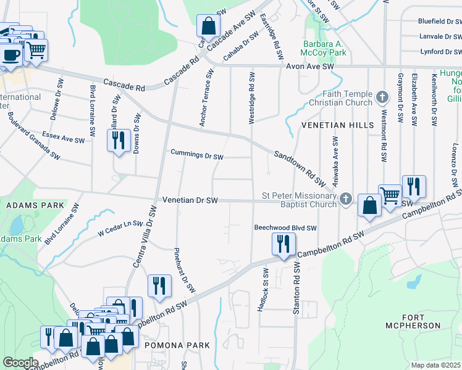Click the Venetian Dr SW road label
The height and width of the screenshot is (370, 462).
(x=191, y=200)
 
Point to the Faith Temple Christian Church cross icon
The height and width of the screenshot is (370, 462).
(x=382, y=97)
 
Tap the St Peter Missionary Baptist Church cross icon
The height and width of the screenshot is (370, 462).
(x=346, y=199)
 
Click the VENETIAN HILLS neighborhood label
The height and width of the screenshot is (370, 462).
(x=337, y=125)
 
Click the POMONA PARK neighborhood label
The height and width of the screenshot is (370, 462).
(x=177, y=345)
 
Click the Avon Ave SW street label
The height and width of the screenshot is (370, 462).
(x=309, y=65)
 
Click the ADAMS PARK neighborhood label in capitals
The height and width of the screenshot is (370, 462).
(x=23, y=203)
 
